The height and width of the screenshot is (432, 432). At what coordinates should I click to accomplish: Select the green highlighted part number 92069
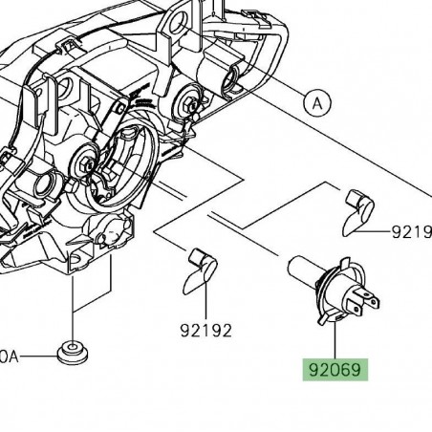(x=335, y=368)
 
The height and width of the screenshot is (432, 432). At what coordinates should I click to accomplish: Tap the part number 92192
(x=205, y=331)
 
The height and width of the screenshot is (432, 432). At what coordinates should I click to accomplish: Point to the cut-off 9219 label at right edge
(x=413, y=232)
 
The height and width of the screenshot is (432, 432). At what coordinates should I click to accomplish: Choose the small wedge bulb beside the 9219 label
(x=359, y=211)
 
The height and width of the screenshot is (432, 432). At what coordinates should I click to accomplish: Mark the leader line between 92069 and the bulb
(x=335, y=339)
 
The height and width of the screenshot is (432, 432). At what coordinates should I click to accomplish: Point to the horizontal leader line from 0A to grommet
(x=40, y=356)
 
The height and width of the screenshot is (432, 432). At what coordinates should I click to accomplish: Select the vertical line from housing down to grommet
(x=73, y=306)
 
